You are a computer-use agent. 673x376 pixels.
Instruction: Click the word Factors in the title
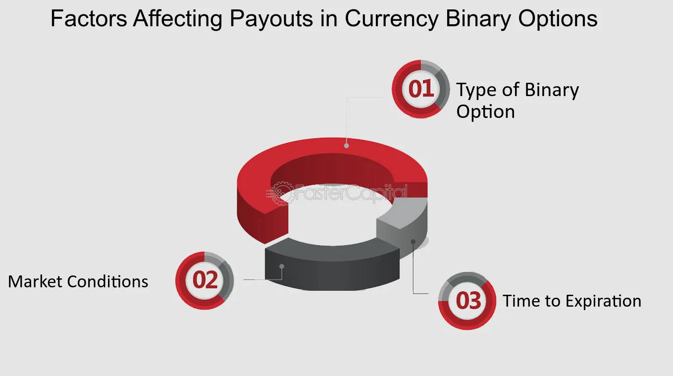point(89,19)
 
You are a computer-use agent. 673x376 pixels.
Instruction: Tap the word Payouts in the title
point(271,19)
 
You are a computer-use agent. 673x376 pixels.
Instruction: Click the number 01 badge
point(420,89)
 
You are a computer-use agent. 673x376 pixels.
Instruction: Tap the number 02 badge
point(205,280)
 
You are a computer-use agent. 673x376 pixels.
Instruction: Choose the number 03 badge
point(467,301)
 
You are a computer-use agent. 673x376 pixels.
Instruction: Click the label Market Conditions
point(78,281)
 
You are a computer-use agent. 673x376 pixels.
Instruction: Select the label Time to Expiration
point(572,301)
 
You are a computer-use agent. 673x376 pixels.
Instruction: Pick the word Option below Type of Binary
point(485,112)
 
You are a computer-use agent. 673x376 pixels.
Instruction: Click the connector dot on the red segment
point(347,146)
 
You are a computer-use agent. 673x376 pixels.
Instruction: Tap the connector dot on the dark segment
point(282,267)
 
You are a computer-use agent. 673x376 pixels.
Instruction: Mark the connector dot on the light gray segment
point(413,242)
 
